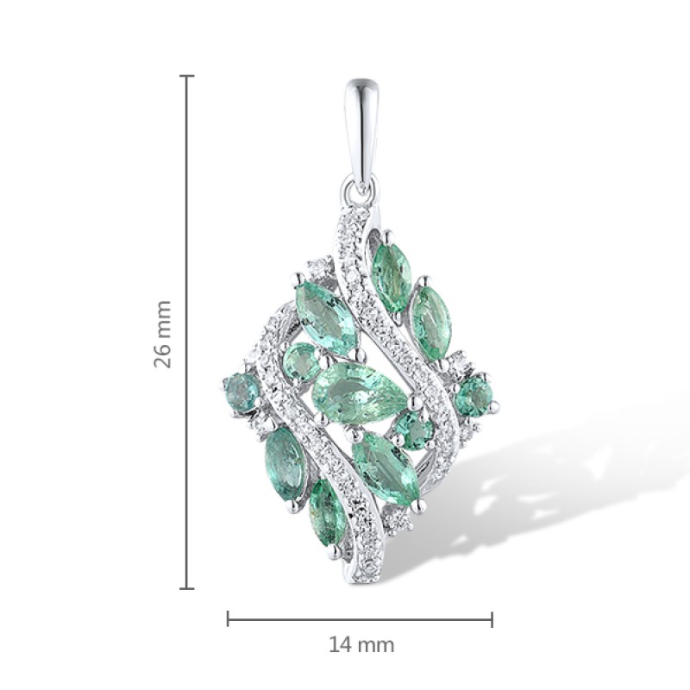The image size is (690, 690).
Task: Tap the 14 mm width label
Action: tap(361, 645)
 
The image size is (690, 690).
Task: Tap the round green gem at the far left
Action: tap(241, 392)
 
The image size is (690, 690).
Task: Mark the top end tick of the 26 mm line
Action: tap(187, 76)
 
